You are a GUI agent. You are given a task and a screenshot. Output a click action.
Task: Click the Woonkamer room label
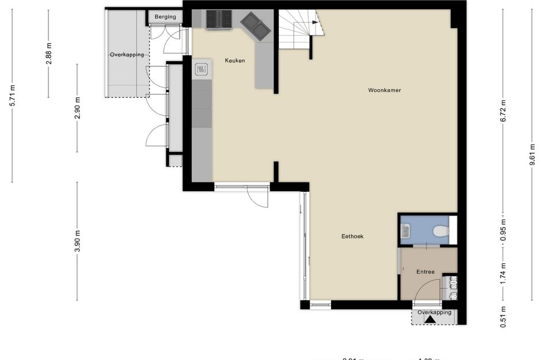pyautogui.click(x=385, y=90)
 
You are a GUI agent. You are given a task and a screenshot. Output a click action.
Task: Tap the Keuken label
pyautogui.click(x=235, y=60)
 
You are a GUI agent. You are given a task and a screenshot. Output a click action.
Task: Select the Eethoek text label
pyautogui.click(x=352, y=236)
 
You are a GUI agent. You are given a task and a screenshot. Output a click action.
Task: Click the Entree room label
pyautogui.click(x=425, y=272)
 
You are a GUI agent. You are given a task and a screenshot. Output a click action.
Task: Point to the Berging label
pyautogui.click(x=165, y=17)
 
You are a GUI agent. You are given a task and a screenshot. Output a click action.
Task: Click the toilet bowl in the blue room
pyautogui.click(x=440, y=232)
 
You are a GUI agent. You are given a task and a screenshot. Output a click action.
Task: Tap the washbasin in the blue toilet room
pyautogui.click(x=405, y=232)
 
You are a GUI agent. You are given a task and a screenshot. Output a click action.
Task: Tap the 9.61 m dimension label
pyautogui.click(x=532, y=156)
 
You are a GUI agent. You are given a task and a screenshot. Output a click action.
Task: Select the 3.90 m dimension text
pyautogui.click(x=77, y=240)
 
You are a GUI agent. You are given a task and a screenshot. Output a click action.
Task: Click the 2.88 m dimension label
pyautogui.click(x=49, y=53)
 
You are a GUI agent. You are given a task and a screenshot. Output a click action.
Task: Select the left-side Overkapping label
pyautogui.click(x=127, y=55)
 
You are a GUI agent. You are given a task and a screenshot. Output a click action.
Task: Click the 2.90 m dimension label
pyautogui.click(x=77, y=108)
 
